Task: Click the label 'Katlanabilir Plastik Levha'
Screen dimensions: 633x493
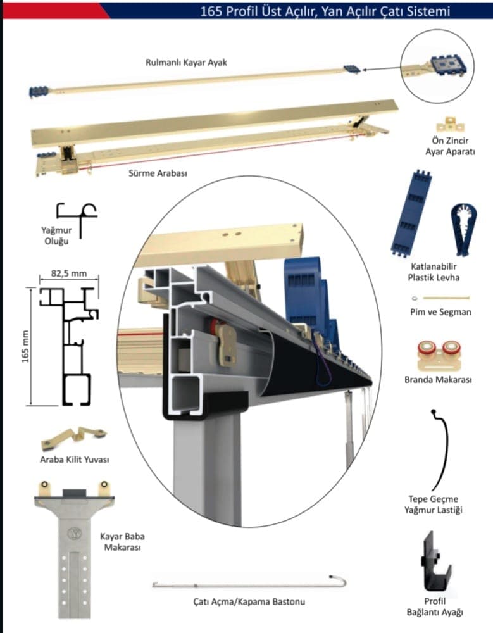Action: click(x=434, y=272)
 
